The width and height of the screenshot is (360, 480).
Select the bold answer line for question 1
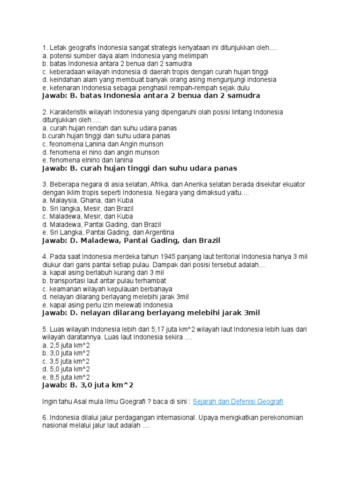pos(150,96)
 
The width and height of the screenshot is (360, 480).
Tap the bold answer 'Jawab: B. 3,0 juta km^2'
pos(88,385)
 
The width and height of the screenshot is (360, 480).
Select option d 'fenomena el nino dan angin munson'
pos(100,152)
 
